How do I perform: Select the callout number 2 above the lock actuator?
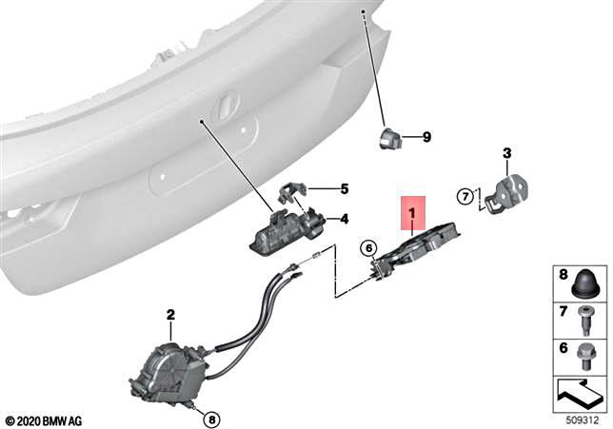[170, 314]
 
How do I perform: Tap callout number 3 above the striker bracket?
[506, 152]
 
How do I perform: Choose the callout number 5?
[344, 188]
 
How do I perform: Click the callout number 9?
[426, 137]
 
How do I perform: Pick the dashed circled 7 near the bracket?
[465, 198]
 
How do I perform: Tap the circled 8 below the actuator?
[210, 418]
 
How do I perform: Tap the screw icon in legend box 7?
[584, 316]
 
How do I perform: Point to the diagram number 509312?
[583, 419]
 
